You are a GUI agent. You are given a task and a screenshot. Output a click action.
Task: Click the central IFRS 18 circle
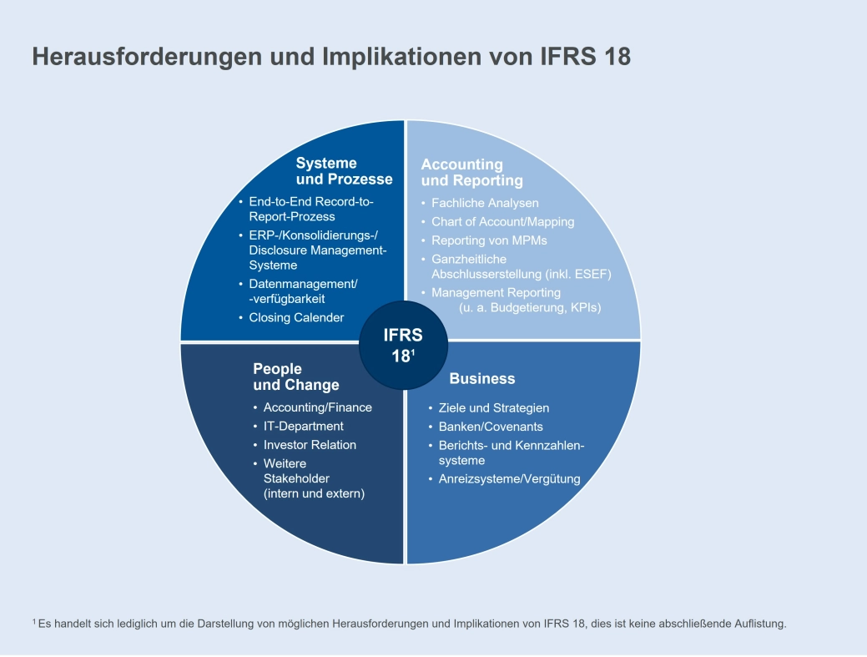coord(403,345)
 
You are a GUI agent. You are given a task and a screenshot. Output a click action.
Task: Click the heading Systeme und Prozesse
coord(344,171)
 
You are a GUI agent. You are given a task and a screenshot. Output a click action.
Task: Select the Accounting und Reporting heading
coord(471,173)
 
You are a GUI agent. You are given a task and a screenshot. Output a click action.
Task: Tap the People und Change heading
coord(296,377)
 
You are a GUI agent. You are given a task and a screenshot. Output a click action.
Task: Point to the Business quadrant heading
coord(482,378)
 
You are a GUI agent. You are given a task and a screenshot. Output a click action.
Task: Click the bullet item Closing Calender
coord(296,317)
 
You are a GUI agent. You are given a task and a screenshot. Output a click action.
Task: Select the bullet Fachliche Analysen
coord(485,203)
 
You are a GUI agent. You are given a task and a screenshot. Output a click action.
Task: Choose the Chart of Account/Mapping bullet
coord(502,221)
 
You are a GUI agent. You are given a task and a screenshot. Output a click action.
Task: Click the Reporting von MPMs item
coord(489,240)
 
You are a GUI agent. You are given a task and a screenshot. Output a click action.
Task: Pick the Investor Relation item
coord(310,444)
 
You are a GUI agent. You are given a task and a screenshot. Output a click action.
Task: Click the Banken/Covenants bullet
coord(491,426)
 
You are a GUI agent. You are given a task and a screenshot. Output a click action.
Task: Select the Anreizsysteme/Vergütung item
coord(509,478)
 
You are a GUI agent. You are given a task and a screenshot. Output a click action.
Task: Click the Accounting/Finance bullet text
coord(318,407)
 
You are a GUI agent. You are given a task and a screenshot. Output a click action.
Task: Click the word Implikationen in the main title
coord(391,56)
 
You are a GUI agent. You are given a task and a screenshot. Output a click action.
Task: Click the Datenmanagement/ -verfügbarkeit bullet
coord(303,291)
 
